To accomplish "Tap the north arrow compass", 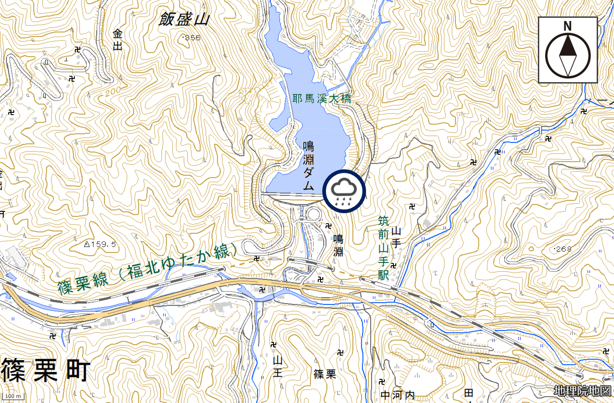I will coord(568,50).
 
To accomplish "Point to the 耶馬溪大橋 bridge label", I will coord(322,99).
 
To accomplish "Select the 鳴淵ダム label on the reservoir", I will coord(309,165).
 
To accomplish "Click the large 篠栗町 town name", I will coord(46,370).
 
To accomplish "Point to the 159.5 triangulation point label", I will coord(100,245).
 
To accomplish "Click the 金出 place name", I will coord(118,39).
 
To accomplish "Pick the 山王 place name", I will coord(278,366).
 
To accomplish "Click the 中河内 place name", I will coord(397,394).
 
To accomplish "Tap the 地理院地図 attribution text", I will coord(582,391).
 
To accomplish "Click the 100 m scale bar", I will coord(13,396).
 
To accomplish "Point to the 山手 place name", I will coord(396,237).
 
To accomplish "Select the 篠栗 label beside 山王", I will coord(325,374).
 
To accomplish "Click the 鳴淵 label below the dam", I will coord(338,245).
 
